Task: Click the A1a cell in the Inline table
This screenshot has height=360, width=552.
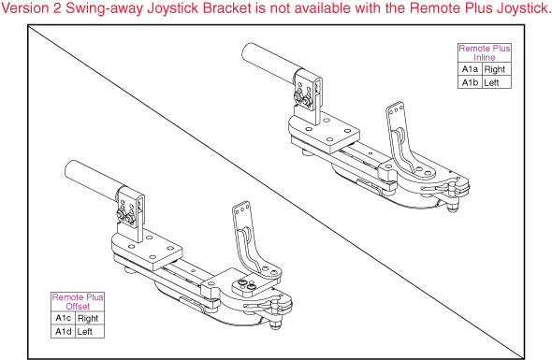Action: pos(469,69)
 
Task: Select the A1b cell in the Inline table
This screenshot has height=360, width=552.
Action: pos(469,82)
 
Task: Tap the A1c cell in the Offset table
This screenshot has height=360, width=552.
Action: pos(62,318)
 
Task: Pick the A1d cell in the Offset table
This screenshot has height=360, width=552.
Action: pos(62,331)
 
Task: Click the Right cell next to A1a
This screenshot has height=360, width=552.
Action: pos(495,69)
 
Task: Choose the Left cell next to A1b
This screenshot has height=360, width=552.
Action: pos(492,82)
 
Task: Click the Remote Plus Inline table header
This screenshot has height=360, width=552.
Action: pos(484,52)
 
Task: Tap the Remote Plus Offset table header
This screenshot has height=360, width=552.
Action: pos(78,301)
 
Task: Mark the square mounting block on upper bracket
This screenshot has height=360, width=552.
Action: pos(327,133)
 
